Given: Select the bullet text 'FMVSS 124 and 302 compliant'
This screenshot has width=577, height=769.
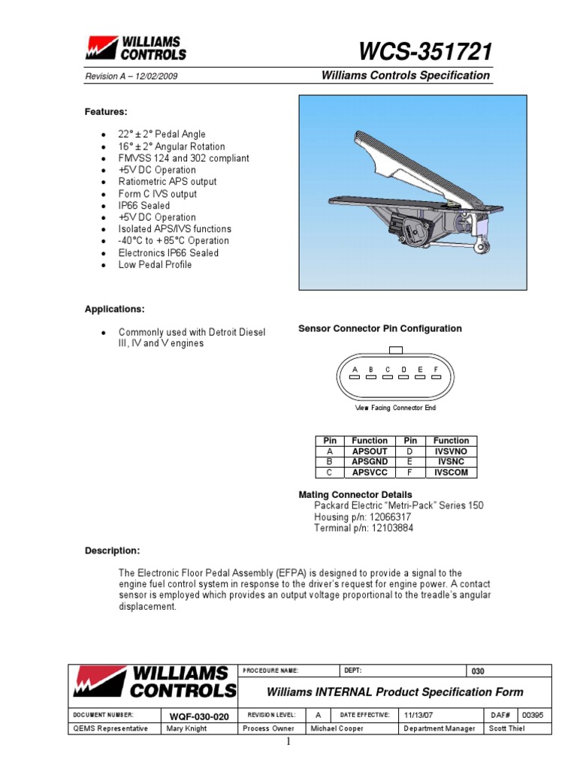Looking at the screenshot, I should pos(183,158).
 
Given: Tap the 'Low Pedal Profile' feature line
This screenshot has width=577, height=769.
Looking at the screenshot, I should pos(155,264).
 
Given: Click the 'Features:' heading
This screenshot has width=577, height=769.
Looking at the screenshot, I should pos(105,112).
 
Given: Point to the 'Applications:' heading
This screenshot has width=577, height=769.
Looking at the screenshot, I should pos(114,309).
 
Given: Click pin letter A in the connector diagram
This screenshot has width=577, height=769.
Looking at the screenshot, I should pos(355,369).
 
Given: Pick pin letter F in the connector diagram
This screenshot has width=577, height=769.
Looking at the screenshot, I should pos(436,369).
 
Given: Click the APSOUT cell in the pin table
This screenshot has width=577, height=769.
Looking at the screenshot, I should pos(370,451).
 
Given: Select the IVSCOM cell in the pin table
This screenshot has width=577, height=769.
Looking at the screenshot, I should pos(451,472).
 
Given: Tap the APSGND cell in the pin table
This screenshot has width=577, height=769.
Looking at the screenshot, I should pos(370,462).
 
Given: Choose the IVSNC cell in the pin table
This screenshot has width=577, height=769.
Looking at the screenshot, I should pos(451,462).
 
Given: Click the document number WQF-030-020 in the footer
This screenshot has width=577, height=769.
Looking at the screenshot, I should pos(198,716).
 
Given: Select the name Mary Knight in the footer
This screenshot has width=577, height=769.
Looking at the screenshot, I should pos(186,728).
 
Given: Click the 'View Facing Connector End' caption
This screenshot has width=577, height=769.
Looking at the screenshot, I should pos(395,408).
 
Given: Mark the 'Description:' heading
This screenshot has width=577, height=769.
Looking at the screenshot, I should pos(112,550).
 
